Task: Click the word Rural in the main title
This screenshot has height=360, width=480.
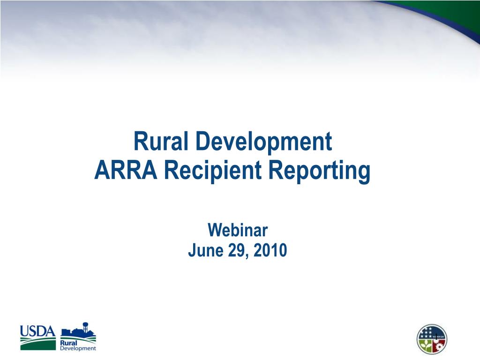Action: coord(160,141)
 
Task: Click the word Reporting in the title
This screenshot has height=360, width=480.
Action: coord(319,172)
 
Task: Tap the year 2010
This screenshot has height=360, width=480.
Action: coord(270,250)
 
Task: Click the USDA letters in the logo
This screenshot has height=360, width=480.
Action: coord(38,331)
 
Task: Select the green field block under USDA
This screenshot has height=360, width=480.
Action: coord(38,344)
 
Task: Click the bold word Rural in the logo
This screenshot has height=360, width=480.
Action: coord(68,343)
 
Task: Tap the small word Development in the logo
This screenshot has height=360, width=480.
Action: coord(78,348)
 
